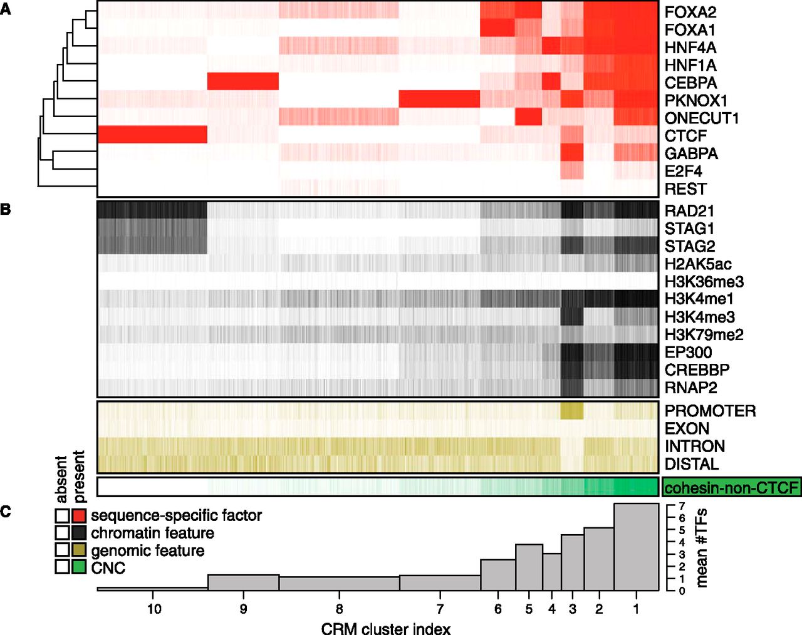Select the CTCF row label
(685, 136)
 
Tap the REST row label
(685, 189)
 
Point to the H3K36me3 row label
(704, 282)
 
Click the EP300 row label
(688, 353)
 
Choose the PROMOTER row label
(710, 411)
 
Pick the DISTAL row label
(692, 464)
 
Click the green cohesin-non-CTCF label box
(731, 487)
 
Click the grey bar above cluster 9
(243, 582)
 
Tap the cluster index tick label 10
(154, 609)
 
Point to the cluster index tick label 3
(572, 609)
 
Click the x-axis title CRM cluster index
(385, 628)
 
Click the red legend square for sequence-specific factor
(79, 516)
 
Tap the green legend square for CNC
(79, 567)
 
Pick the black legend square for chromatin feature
(79, 533)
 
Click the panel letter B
(6, 209)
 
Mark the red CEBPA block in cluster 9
(242, 82)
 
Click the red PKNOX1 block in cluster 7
(439, 100)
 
